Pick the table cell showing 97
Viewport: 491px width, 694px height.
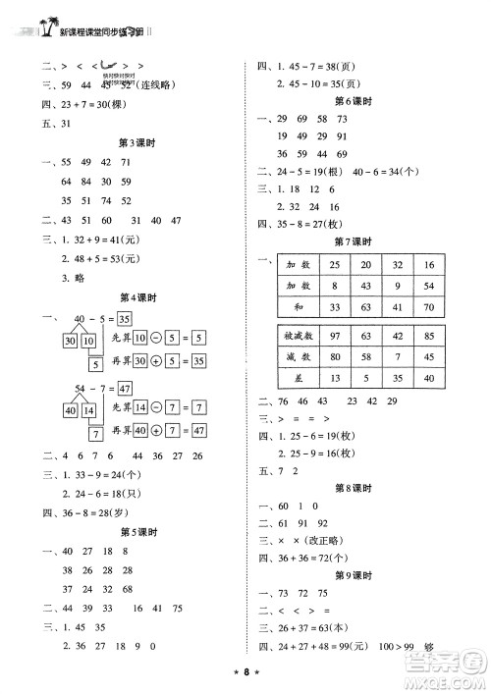click(337, 337)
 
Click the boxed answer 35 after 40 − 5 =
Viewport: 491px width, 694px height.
click(123, 319)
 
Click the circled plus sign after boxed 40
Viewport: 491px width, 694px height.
click(157, 431)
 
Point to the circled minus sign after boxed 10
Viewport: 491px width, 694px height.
click(158, 341)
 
